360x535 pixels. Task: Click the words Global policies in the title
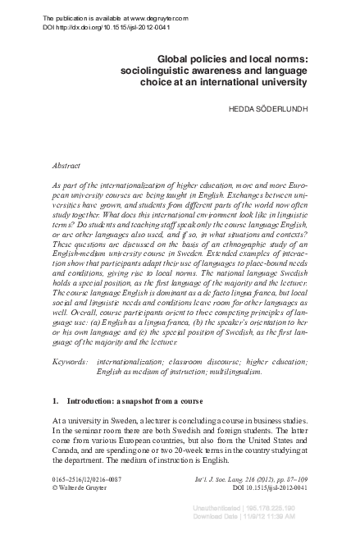193,59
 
